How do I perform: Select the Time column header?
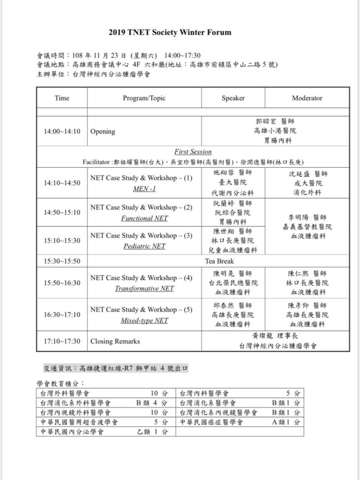62,98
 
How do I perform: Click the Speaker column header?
233,98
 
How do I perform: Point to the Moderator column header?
307,98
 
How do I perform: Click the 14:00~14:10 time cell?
62,132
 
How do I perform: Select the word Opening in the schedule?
102,132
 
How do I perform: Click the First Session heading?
193,152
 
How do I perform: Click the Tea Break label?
233,261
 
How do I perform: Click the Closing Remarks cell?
115,341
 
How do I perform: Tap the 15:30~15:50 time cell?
62,261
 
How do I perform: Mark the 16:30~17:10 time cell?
62,314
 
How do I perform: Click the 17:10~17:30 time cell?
62,341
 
